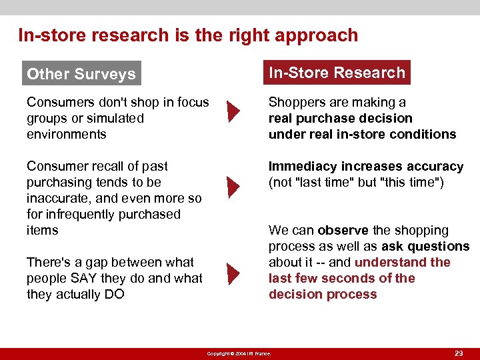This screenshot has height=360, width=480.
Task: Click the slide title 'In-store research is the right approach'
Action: click(x=188, y=35)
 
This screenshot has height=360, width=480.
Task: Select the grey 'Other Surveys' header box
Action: click(x=81, y=74)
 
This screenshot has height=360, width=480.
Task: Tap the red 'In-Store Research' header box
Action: click(x=337, y=73)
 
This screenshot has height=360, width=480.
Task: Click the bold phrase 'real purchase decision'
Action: click(x=340, y=118)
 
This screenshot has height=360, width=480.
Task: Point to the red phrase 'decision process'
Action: click(x=323, y=294)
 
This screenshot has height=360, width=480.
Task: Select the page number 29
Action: click(x=458, y=353)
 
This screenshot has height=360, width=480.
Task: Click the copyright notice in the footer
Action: click(x=239, y=353)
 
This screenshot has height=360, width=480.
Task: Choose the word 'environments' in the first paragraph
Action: click(x=66, y=134)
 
